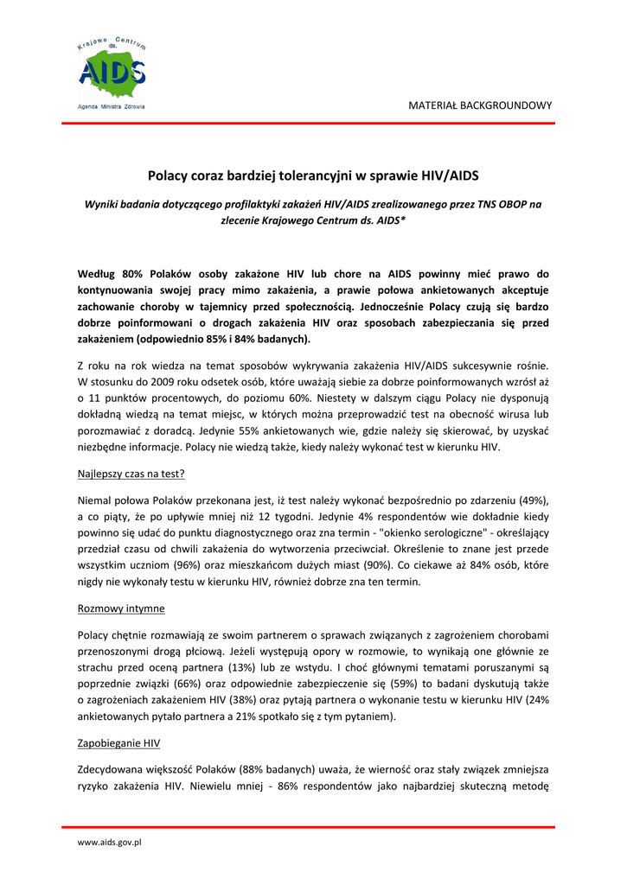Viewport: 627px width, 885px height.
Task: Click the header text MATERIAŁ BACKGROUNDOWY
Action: coord(480,105)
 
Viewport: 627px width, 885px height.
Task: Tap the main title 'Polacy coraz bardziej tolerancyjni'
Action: coord(312,175)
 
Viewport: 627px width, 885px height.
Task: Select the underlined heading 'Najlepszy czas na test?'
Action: coord(131,474)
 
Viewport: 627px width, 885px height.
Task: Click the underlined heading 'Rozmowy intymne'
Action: coord(121,608)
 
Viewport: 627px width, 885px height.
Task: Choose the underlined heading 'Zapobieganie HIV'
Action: coord(118,743)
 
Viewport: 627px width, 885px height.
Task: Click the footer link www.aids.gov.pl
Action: coord(109,842)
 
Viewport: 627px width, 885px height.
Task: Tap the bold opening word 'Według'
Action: coord(97,273)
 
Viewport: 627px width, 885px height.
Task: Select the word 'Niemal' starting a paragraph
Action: coord(94,500)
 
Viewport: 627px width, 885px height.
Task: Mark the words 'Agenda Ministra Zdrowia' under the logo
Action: coord(112,106)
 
